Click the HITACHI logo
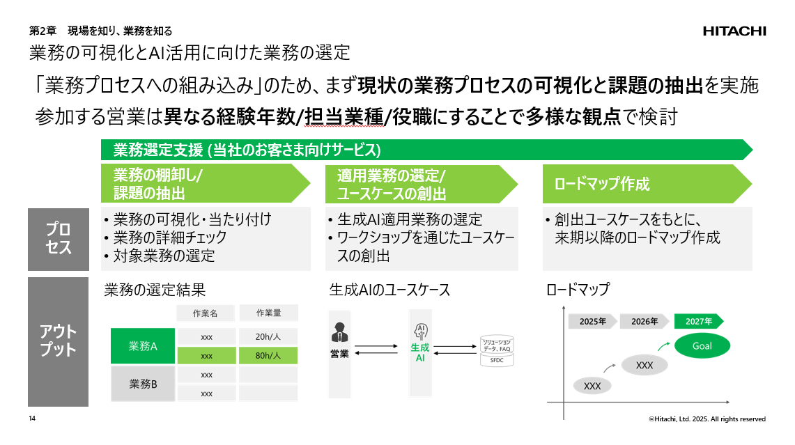coord(734,31)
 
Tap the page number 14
coord(32,419)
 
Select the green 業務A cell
coord(143,346)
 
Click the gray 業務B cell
coord(143,384)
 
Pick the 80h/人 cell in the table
coord(268,355)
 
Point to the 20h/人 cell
coord(268,336)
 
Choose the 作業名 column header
coord(206,313)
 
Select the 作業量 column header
coord(268,313)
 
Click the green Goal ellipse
coord(702,346)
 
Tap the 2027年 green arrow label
coord(698,321)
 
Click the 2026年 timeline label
coord(645,321)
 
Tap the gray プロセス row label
coord(59,239)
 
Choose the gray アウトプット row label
coord(59,341)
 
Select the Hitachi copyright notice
coord(707,419)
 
